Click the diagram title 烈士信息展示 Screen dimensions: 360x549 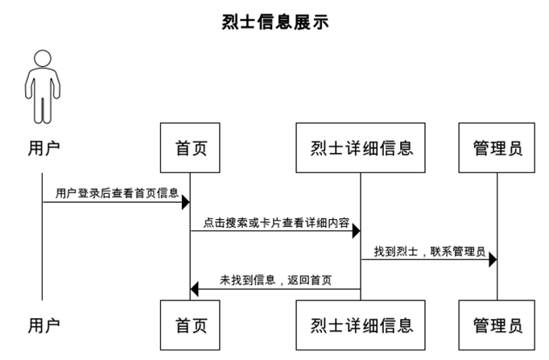click(274, 22)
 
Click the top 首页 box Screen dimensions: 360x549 click(191, 148)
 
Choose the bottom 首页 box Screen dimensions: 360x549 click(191, 325)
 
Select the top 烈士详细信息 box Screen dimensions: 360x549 click(361, 148)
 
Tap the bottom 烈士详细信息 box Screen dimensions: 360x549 click(361, 325)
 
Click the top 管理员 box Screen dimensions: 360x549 click(497, 148)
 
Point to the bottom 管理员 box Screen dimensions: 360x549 click(497, 325)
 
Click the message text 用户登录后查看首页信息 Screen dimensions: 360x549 click(117, 193)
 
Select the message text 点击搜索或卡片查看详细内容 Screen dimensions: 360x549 click(276, 222)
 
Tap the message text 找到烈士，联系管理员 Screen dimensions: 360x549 click(429, 252)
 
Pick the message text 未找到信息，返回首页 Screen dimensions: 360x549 click(276, 280)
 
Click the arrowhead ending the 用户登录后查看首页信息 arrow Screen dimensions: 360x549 click(185, 201)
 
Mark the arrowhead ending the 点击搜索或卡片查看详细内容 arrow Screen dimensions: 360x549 click(355, 231)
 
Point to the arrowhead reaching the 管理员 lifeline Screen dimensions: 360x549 click(492, 259)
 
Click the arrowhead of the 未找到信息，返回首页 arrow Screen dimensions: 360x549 click(196, 288)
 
